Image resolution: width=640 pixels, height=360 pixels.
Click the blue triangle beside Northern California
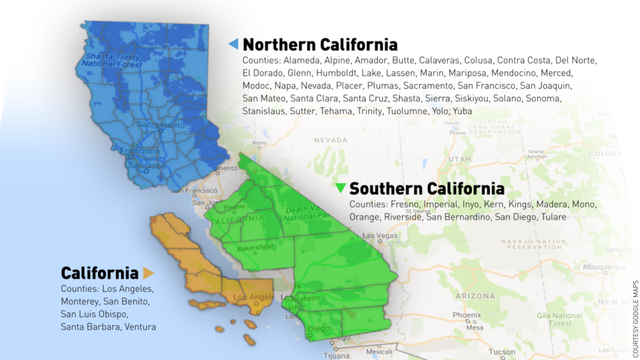(233, 44)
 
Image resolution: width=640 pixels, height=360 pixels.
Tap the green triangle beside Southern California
(341, 188)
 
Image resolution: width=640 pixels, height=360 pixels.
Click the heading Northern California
(320, 44)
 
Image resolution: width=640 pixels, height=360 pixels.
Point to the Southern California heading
(427, 188)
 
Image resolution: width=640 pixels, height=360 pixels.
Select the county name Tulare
(575, 217)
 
